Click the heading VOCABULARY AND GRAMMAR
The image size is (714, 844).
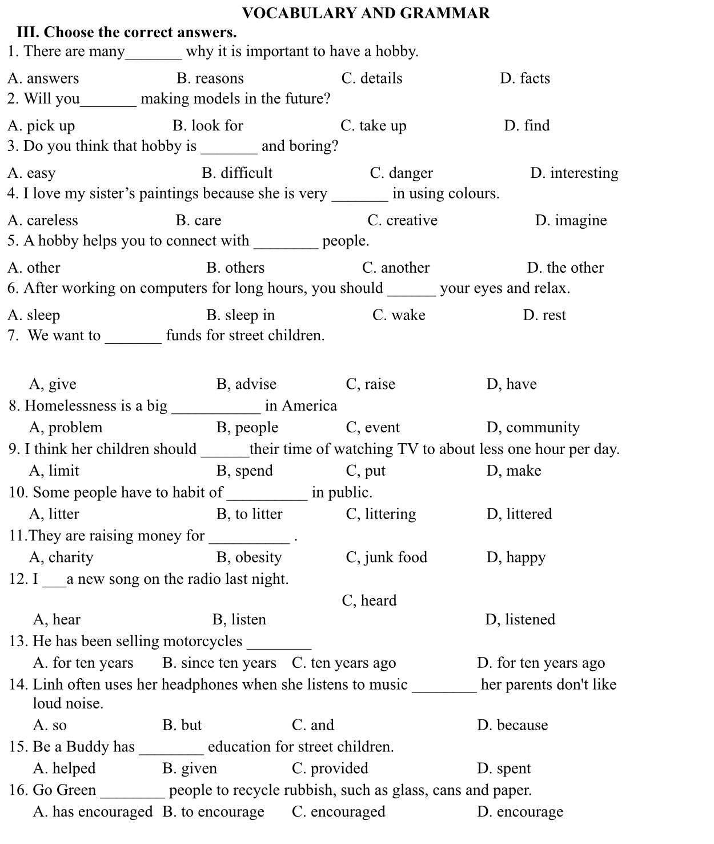click(x=366, y=13)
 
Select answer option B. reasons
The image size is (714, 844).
click(x=210, y=78)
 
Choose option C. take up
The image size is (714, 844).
click(x=373, y=126)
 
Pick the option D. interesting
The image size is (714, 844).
click(x=573, y=173)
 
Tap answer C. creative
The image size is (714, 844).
click(x=402, y=221)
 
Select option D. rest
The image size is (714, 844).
click(x=544, y=315)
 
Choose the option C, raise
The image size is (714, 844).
click(x=370, y=384)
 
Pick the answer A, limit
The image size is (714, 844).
click(x=54, y=471)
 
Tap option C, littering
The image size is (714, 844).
click(x=380, y=515)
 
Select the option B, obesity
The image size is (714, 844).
click(x=249, y=558)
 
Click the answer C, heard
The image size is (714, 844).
click(x=369, y=601)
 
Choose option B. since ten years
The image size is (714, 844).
click(x=219, y=663)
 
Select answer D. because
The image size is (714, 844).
click(x=512, y=726)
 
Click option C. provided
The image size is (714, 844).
click(x=330, y=769)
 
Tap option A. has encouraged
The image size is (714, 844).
click(x=93, y=812)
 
